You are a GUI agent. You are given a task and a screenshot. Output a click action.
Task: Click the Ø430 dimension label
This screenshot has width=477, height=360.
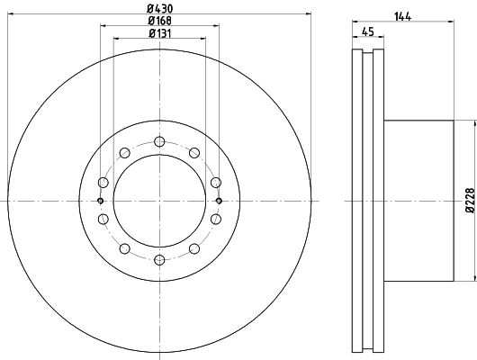[x=159, y=8]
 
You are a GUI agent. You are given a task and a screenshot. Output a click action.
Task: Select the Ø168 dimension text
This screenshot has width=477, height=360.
[x=159, y=21]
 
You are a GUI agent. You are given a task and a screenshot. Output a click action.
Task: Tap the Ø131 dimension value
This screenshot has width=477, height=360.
[x=159, y=33]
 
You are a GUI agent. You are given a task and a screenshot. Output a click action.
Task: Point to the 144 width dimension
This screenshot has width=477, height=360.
[x=403, y=16]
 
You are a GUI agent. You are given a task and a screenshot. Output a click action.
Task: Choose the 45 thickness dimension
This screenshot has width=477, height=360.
[x=368, y=31]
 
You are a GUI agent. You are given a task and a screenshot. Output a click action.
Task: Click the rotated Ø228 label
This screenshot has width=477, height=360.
[x=470, y=200]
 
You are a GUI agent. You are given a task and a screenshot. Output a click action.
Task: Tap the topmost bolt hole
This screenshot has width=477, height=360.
[x=159, y=141]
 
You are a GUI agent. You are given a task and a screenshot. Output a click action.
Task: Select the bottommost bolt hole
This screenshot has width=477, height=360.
[x=159, y=260]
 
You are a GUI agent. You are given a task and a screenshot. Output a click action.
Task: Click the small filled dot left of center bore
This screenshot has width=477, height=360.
[x=101, y=201]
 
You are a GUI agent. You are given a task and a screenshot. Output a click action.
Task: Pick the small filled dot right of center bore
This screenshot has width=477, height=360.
[x=219, y=201]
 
